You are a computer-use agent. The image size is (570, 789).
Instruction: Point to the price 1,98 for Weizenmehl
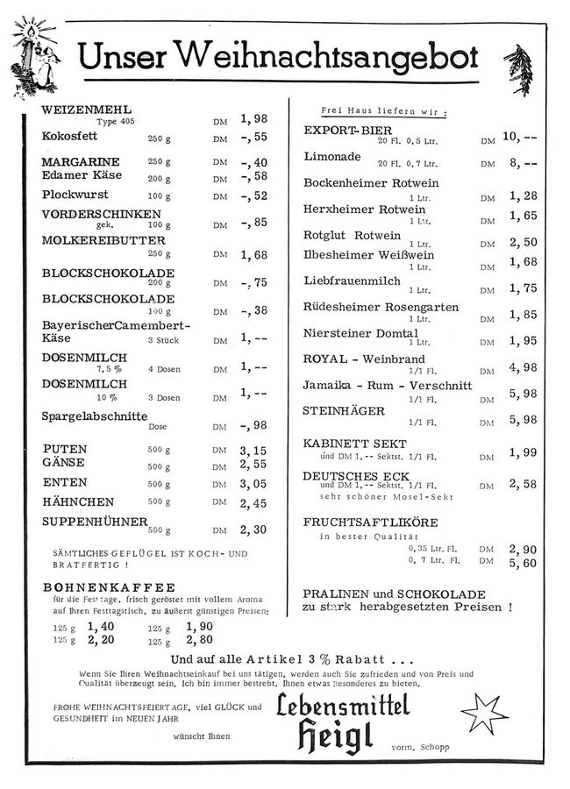(253, 118)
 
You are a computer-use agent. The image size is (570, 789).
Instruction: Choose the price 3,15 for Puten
(253, 451)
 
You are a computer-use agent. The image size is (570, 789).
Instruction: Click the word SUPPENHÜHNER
(95, 522)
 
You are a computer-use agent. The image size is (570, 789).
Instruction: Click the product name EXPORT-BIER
(343, 131)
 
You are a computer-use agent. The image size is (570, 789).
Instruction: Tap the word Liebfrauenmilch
(352, 281)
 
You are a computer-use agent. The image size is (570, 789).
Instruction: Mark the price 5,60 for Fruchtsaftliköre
(523, 564)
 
